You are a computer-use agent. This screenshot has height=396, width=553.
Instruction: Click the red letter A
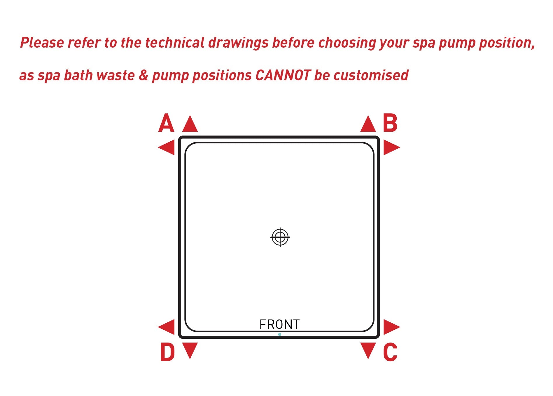pyautogui.click(x=166, y=123)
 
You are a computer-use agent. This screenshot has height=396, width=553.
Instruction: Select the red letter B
pyautogui.click(x=390, y=123)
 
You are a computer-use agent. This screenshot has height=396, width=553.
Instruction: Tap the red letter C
pyautogui.click(x=390, y=352)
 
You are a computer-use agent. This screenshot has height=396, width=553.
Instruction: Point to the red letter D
pyautogui.click(x=167, y=352)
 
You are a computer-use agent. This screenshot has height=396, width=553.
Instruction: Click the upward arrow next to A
pyautogui.click(x=190, y=124)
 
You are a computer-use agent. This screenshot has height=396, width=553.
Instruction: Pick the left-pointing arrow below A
pyautogui.click(x=166, y=147)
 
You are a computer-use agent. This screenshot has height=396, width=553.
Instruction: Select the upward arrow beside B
pyautogui.click(x=368, y=124)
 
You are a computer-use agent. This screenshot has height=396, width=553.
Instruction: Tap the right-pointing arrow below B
pyautogui.click(x=392, y=147)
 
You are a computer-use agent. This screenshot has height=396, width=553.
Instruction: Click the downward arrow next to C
pyautogui.click(x=368, y=351)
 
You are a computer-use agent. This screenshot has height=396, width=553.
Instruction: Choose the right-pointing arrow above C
pyautogui.click(x=392, y=327)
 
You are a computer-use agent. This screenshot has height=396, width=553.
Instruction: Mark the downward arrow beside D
pyautogui.click(x=190, y=351)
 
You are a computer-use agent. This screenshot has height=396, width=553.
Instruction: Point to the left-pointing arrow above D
pyautogui.click(x=166, y=327)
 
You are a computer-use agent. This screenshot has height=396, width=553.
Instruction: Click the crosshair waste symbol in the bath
pyautogui.click(x=280, y=237)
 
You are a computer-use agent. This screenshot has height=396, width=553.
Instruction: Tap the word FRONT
pyautogui.click(x=279, y=324)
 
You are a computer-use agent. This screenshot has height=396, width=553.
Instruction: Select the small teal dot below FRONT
pyautogui.click(x=279, y=334)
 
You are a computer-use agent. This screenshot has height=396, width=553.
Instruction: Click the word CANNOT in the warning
pyautogui.click(x=283, y=75)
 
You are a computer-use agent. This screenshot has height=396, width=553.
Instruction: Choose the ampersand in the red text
pyautogui.click(x=143, y=75)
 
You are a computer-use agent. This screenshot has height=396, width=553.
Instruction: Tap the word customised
pyautogui.click(x=371, y=75)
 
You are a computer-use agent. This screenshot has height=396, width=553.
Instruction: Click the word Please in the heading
pyautogui.click(x=42, y=43)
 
